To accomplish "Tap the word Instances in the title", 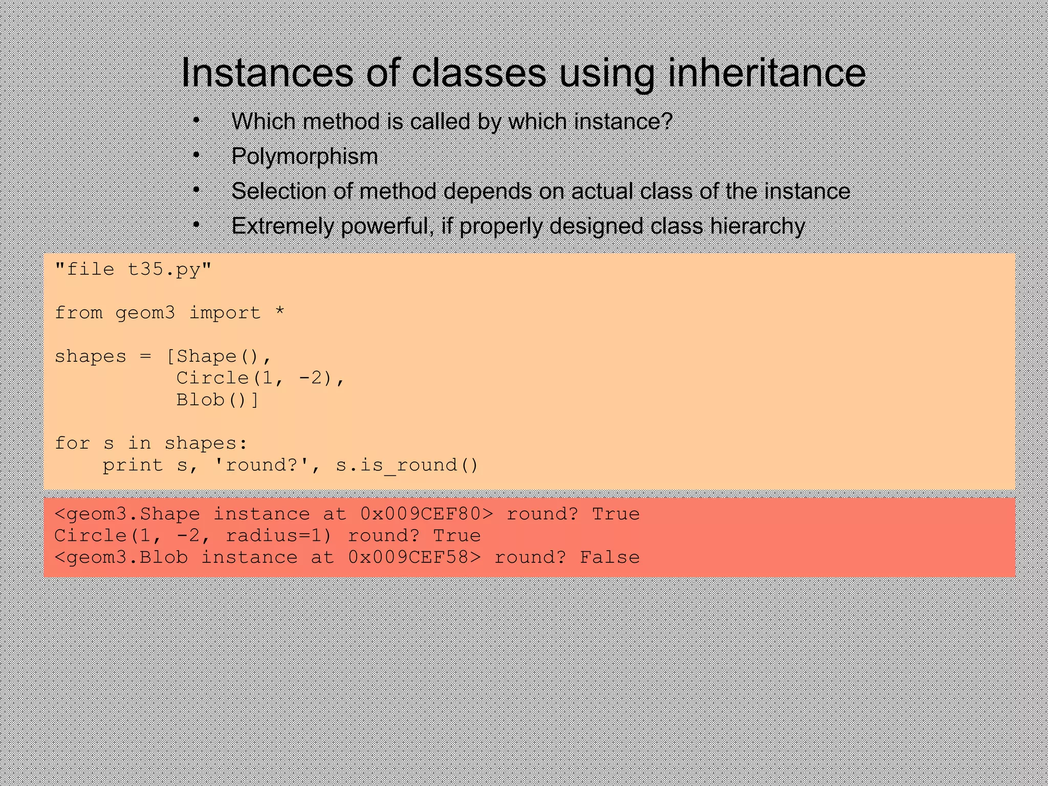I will (267, 73).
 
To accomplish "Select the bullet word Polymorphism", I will (304, 156).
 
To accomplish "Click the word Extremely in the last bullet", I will (282, 226).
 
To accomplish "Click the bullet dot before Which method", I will (196, 121).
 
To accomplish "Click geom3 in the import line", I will (145, 313).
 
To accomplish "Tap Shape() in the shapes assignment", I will (217, 356).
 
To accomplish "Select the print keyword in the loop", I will (133, 465).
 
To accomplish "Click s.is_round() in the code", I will (407, 465).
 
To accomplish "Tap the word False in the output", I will (609, 557).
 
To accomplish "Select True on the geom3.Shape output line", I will (616, 514).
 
